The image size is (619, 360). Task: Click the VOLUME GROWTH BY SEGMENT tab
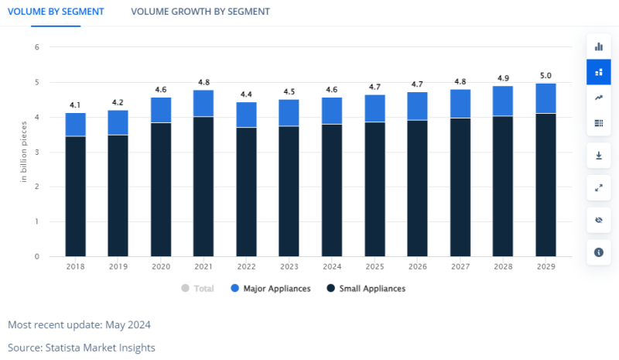click(x=200, y=12)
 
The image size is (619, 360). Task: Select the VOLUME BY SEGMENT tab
click(x=56, y=12)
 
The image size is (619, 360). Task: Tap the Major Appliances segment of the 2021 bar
click(x=203, y=103)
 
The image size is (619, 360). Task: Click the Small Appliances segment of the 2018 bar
click(x=75, y=196)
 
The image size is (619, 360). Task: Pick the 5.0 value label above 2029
click(x=545, y=75)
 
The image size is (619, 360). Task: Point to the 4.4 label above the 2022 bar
click(x=246, y=94)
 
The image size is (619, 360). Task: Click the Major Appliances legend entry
click(x=270, y=289)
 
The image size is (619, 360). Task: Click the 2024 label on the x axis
click(x=332, y=266)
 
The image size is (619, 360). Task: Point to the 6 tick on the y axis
click(x=36, y=47)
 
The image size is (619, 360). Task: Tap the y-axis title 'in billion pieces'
click(x=24, y=153)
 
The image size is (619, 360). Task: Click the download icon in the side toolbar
click(x=598, y=155)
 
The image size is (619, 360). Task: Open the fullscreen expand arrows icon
click(x=598, y=187)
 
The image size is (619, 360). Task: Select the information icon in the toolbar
click(x=598, y=252)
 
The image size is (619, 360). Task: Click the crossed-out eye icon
click(x=598, y=220)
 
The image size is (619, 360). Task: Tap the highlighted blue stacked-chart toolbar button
click(x=598, y=72)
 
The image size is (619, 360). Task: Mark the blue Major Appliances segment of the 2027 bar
click(x=460, y=104)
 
